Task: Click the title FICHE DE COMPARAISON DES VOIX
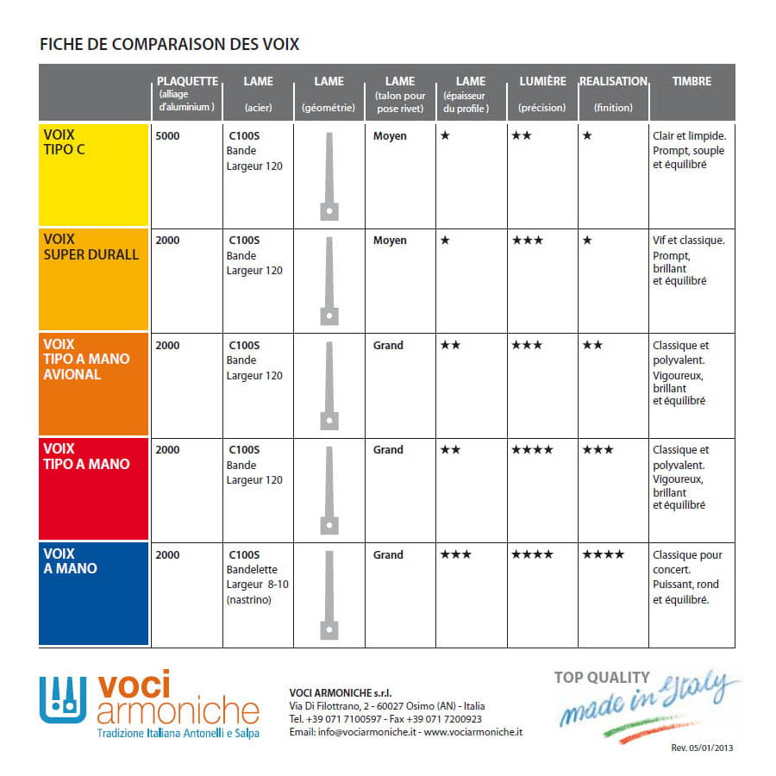point(169,44)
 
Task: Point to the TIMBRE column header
point(692,81)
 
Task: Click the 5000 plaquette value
point(167,136)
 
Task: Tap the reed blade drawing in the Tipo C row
point(329,176)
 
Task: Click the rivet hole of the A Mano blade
point(329,630)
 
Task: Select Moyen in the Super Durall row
point(390,241)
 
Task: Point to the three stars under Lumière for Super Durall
point(527,241)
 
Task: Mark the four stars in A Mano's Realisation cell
point(604,554)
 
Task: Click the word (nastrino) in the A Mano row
point(249,600)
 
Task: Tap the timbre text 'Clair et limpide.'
point(690,136)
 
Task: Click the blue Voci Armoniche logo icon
point(63,700)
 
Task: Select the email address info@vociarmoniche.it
point(366,732)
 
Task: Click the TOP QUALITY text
point(602,678)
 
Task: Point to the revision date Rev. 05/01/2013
point(702,748)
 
